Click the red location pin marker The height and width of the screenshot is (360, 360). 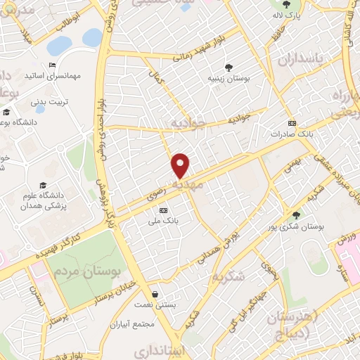coord(181,165)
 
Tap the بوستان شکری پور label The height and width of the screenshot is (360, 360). coord(296,226)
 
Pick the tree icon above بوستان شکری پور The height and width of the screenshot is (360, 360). coord(296,215)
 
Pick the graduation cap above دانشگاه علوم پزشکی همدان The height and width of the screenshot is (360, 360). coord(56,166)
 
